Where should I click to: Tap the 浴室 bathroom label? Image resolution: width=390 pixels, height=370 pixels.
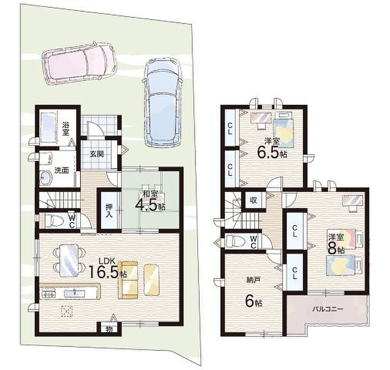(x=66, y=129)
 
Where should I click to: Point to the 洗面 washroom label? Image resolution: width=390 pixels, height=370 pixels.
(x=61, y=170)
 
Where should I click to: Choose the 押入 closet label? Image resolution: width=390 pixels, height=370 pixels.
(x=109, y=210)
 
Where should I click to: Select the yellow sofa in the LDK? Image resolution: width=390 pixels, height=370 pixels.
(x=128, y=280)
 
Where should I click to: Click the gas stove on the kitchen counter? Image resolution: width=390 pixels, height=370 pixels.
(x=48, y=294)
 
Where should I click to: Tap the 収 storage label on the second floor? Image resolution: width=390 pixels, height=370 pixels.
(x=254, y=200)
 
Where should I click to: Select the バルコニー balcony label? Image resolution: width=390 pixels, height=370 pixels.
(x=328, y=309)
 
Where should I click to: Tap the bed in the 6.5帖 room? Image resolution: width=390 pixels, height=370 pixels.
(x=284, y=131)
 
